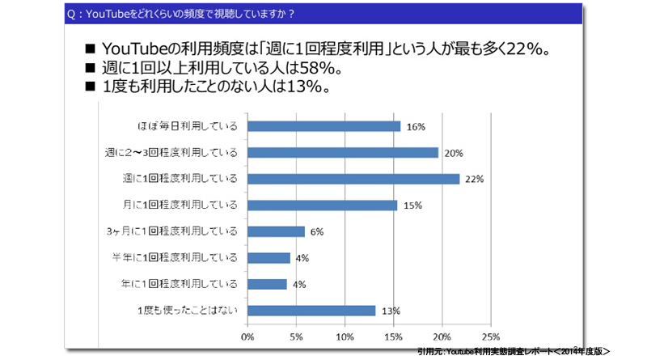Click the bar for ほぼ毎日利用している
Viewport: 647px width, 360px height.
[x=323, y=126]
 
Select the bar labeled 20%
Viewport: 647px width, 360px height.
[x=342, y=152]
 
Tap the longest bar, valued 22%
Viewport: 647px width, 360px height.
[x=353, y=179]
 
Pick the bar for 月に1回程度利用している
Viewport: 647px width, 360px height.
[x=322, y=205]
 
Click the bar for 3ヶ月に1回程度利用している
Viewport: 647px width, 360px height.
[x=276, y=231]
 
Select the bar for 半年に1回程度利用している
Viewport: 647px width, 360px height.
[x=269, y=257]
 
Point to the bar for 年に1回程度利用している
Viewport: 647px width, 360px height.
[x=267, y=284]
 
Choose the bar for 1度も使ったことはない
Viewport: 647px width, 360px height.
[x=311, y=310]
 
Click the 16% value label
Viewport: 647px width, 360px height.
[x=417, y=126]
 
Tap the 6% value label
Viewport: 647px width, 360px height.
[x=316, y=231]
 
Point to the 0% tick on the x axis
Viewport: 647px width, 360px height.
[x=247, y=335]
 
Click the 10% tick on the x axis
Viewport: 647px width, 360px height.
[x=345, y=335]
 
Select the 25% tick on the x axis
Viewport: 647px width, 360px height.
[x=490, y=335]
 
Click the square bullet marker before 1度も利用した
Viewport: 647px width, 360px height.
[x=89, y=88]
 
